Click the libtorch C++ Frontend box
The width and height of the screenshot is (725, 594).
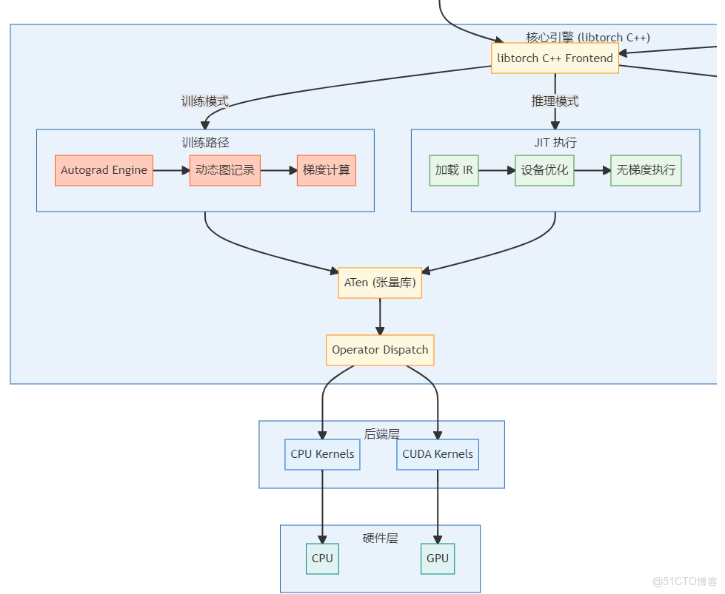[555, 58]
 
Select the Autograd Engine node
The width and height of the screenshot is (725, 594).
[104, 170]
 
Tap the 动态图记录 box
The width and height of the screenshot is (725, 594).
[224, 170]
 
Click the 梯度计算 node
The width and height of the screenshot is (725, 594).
[326, 170]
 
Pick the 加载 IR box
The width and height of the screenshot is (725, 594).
[454, 170]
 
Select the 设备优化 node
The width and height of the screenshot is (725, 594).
[544, 170]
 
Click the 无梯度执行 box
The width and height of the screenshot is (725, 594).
[646, 170]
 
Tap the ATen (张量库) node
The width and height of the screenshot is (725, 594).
[380, 283]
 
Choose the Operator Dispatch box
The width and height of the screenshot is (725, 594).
[380, 350]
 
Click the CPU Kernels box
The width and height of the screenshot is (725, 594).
[322, 454]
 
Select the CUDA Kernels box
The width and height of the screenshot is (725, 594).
[438, 454]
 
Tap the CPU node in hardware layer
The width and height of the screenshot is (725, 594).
[322, 558]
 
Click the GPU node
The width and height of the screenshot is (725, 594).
[438, 558]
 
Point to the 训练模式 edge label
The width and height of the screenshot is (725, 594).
[205, 101]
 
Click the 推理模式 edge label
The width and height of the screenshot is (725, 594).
[555, 101]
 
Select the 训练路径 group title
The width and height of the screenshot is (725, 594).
[205, 142]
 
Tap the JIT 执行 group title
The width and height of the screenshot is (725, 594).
[555, 142]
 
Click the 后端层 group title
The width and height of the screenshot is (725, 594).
[381, 433]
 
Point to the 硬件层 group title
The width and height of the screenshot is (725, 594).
[380, 538]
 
